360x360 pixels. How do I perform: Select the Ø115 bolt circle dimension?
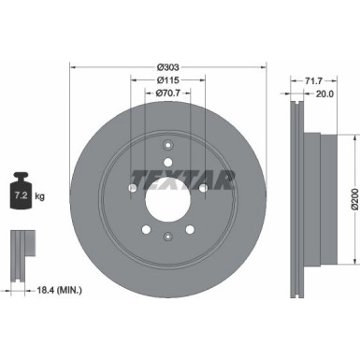[x=168, y=79]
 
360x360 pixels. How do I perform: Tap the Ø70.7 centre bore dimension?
[x=168, y=94]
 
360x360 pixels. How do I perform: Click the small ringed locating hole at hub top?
[x=168, y=146]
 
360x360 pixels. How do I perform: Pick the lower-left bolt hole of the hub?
[x=145, y=229]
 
